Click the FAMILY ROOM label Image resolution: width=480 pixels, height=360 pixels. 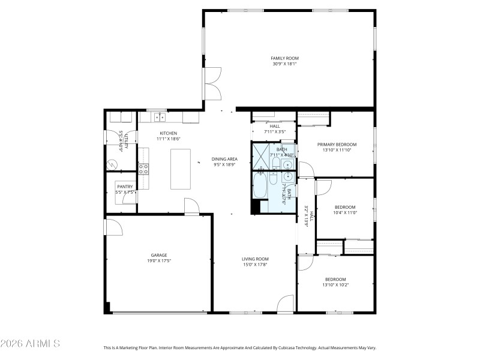[284, 58]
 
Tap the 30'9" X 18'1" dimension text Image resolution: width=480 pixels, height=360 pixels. [284, 64]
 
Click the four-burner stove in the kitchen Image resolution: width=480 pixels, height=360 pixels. [143, 169]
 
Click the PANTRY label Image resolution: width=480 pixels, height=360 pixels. [125, 187]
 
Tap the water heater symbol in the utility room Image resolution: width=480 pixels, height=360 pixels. [112, 163]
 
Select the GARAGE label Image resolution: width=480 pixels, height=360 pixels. [158, 255]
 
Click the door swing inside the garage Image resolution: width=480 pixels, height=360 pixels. [114, 226]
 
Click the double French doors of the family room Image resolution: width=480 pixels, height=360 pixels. [211, 83]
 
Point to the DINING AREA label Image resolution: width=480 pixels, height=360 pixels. [224, 159]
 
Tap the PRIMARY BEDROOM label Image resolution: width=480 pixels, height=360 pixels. [337, 145]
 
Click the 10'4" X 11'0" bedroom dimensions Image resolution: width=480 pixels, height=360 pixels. [344, 212]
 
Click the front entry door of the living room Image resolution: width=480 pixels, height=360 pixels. [286, 304]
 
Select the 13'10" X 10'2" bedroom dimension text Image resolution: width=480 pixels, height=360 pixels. [335, 284]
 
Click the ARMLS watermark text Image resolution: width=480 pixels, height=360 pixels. [30, 344]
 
